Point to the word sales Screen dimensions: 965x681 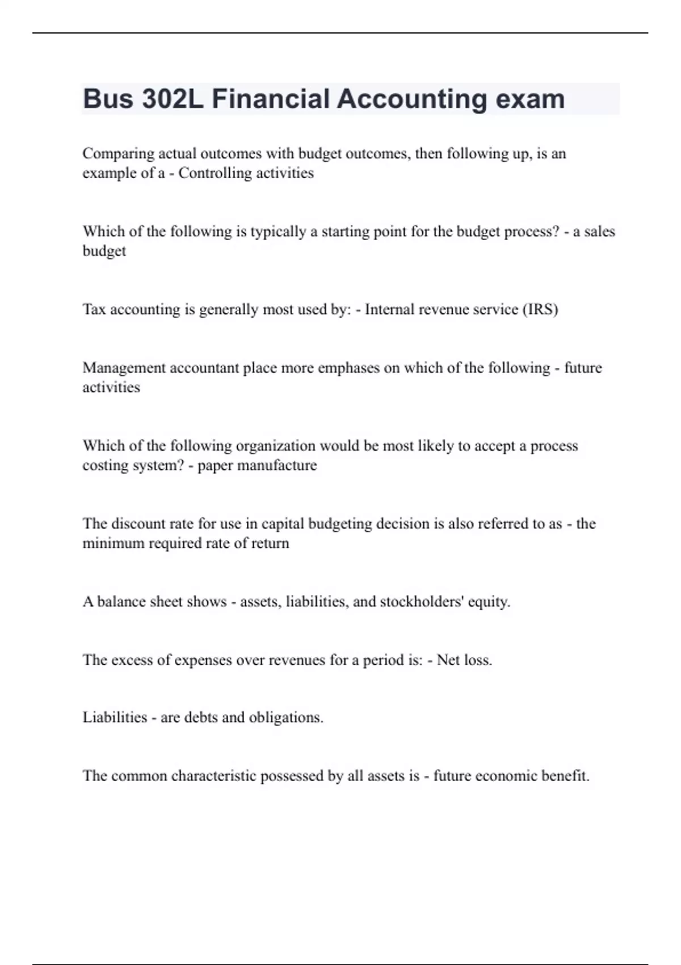point(599,232)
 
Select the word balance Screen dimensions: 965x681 point(121,602)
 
